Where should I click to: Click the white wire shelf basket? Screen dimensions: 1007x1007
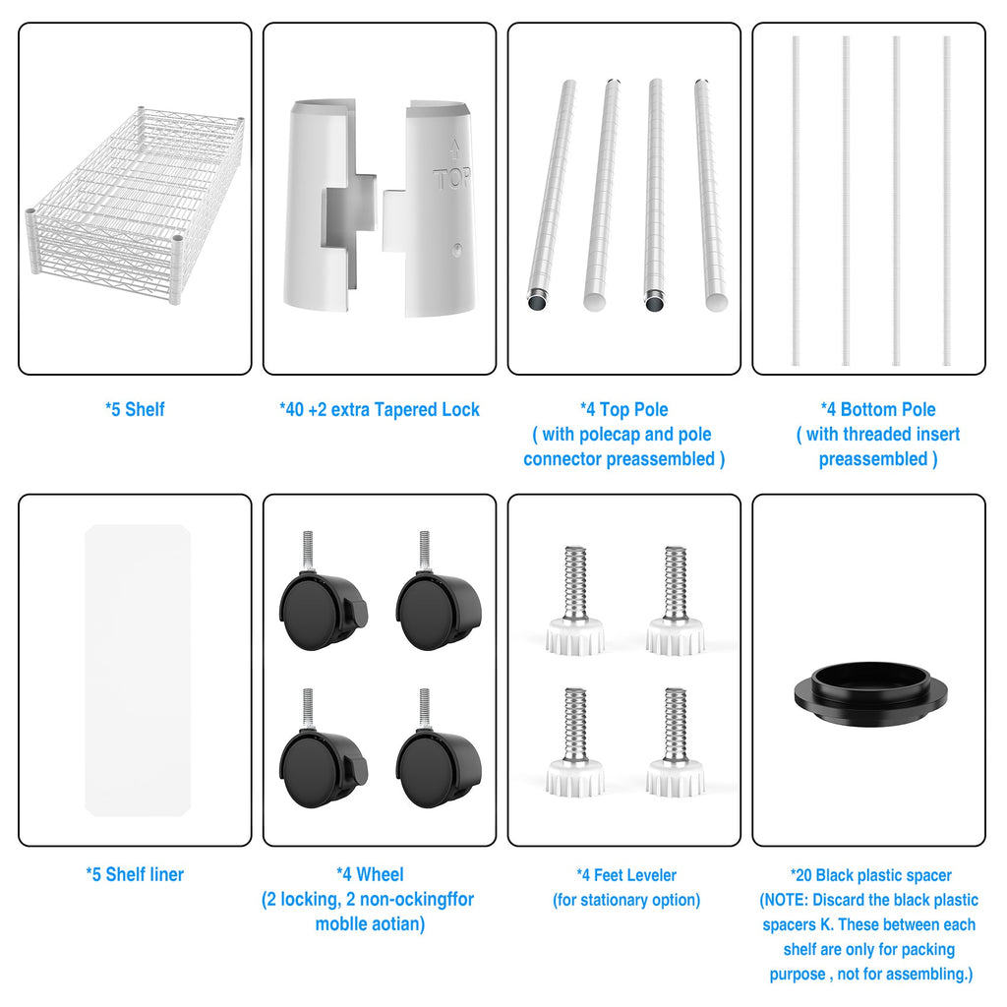coord(135,205)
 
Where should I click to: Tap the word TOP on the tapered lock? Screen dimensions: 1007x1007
coord(452,178)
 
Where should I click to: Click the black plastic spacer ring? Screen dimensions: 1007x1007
coord(870,695)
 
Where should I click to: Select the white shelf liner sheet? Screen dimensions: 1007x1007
coord(138,670)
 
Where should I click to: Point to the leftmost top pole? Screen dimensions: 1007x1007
coord(551,195)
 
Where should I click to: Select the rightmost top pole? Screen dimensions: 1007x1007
coord(710,195)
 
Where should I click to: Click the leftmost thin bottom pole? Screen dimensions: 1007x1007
coord(796,201)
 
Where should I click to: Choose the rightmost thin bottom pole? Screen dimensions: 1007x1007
coord(947,201)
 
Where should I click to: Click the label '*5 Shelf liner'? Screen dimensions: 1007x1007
coord(135,874)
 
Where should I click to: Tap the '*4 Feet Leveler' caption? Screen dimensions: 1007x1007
coord(626,874)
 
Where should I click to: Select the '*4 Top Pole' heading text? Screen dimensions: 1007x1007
coord(623,409)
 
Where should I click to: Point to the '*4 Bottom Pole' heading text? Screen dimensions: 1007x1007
coord(878,409)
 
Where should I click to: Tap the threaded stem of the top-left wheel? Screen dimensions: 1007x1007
coord(308,551)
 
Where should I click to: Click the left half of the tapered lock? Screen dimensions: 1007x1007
coord(328,205)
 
